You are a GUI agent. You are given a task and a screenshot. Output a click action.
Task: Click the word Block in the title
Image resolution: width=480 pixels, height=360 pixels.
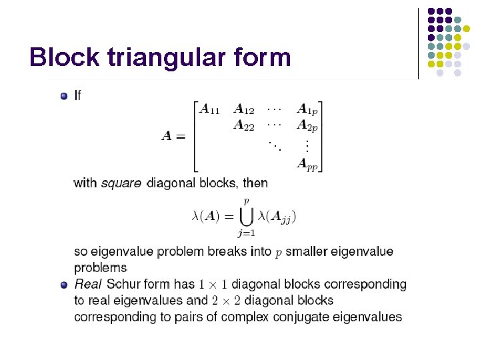tap(62, 57)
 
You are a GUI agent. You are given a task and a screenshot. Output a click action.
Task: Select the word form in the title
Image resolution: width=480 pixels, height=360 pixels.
tap(263, 57)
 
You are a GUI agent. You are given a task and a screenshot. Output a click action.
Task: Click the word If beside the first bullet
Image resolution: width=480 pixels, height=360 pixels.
tap(78, 96)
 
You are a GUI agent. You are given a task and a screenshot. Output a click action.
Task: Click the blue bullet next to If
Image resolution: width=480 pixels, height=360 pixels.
tap(64, 96)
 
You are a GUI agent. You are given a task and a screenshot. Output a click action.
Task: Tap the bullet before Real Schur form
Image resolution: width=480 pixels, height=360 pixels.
tap(64, 285)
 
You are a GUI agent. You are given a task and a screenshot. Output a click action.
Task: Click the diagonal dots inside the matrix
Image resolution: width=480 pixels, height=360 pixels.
tap(273, 144)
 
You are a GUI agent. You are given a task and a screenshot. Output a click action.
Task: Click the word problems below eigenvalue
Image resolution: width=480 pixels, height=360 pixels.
tap(100, 267)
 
